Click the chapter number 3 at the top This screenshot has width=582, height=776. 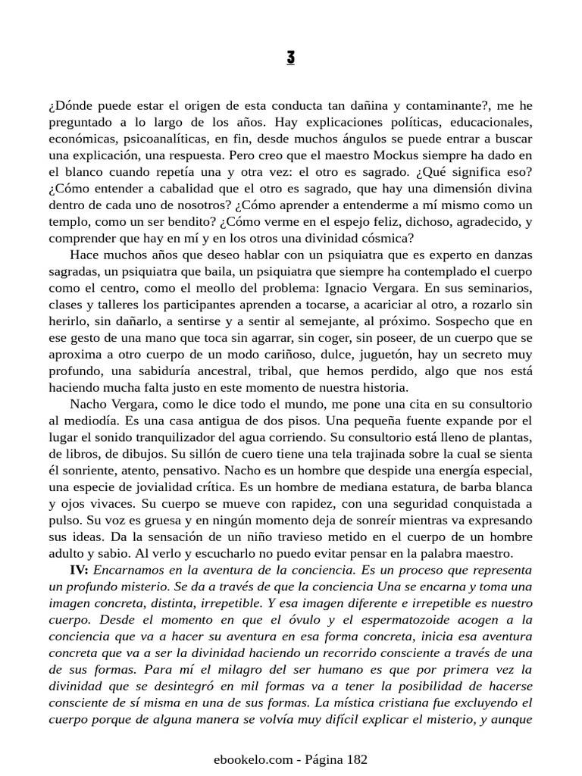coord(291,58)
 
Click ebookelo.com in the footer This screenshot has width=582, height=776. coord(247,758)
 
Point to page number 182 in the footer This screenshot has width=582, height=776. coord(357,758)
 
